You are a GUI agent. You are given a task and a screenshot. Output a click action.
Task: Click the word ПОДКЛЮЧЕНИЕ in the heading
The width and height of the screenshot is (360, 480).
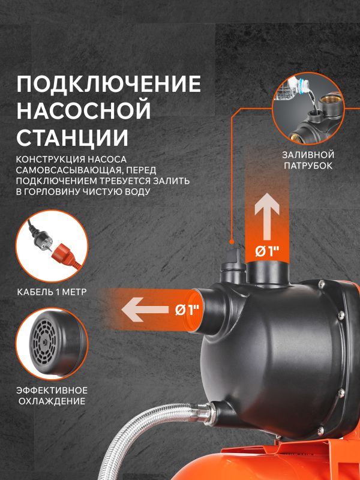point(109,83)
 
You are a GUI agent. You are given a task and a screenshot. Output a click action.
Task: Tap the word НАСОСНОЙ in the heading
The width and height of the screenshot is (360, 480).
point(84,110)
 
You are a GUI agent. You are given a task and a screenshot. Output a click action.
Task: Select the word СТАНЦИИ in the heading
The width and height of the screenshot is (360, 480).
point(72,137)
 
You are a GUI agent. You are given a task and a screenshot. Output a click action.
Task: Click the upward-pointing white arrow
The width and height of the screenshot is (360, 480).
point(267,217)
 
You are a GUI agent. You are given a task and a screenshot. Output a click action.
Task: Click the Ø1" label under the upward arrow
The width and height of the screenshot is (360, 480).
point(267,251)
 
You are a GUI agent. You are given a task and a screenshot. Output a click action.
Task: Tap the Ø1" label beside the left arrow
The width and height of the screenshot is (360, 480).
point(187,310)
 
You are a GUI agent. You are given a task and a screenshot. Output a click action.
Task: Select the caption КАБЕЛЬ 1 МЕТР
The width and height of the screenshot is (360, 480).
point(52,292)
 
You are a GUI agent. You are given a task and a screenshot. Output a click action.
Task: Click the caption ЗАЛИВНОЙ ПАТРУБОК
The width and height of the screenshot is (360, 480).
point(308,160)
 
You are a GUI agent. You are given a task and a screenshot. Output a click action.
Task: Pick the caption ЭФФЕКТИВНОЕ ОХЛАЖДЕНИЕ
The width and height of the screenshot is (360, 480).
point(52,395)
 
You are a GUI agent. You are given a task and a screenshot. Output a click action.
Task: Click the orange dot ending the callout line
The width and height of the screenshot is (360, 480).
point(232,242)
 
